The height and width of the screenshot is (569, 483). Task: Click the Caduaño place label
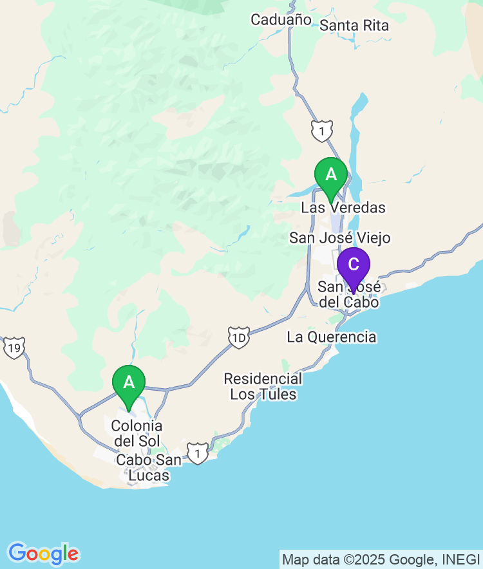coord(281,20)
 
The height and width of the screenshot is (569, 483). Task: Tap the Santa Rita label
coord(354,26)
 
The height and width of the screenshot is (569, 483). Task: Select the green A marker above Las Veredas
coord(331,176)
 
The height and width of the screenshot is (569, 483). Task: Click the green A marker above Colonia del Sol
coord(129,384)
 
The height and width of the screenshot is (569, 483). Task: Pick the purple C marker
coord(354,265)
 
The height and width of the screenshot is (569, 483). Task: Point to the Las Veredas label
coord(343,208)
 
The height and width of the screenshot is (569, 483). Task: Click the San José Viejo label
coord(339,238)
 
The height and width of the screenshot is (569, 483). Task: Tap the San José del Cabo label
coord(349,295)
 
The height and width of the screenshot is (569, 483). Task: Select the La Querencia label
coord(331,337)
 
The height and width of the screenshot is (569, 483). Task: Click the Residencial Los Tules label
coord(263,386)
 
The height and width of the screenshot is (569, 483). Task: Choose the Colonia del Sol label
coord(137,434)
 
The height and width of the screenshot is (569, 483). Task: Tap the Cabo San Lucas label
coord(148,468)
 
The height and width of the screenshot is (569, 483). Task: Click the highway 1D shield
coord(238,337)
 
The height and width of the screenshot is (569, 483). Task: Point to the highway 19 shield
coord(14,348)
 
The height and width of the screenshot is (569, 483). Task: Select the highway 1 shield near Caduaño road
coord(321,131)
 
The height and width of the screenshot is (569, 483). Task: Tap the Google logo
coord(43,554)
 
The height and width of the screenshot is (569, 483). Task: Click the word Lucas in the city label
coord(149,476)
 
